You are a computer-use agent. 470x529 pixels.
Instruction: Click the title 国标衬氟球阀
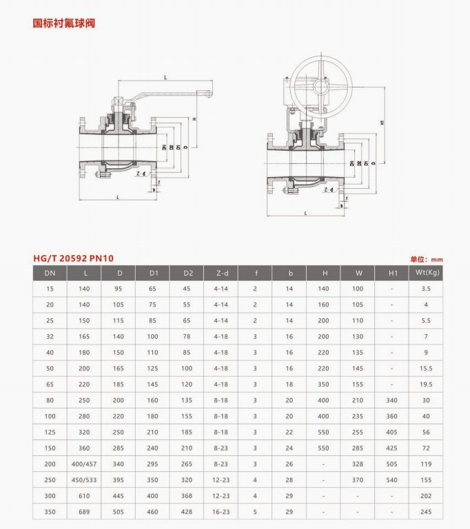pyautogui.click(x=64, y=23)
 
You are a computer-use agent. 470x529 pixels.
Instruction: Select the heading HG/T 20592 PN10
pyautogui.click(x=73, y=258)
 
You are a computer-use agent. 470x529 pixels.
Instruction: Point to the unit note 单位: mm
pyautogui.click(x=426, y=259)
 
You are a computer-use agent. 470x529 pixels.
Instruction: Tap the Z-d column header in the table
pyautogui.click(x=221, y=273)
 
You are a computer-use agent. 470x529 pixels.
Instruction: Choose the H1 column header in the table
pyautogui.click(x=393, y=273)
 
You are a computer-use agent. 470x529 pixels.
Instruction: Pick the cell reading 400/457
pyautogui.click(x=85, y=465)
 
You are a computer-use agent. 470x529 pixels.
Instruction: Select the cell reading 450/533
pyautogui.click(x=85, y=479)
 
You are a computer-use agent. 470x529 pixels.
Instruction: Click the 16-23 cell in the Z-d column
pyautogui.click(x=221, y=512)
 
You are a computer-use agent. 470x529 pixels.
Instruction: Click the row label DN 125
pyautogui.click(x=50, y=432)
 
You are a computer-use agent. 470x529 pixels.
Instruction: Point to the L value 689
pyautogui.click(x=85, y=512)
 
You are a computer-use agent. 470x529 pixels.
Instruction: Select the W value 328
pyautogui.click(x=358, y=465)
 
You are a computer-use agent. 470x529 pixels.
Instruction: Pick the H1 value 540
pyautogui.click(x=393, y=479)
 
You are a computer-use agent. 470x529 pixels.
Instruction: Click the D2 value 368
pyautogui.click(x=187, y=495)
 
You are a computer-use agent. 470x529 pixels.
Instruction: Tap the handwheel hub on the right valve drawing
pyautogui.click(x=321, y=87)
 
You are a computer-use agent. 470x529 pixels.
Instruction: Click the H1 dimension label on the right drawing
pyautogui.click(x=382, y=123)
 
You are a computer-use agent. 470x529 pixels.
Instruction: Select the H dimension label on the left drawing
pyautogui.click(x=195, y=120)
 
